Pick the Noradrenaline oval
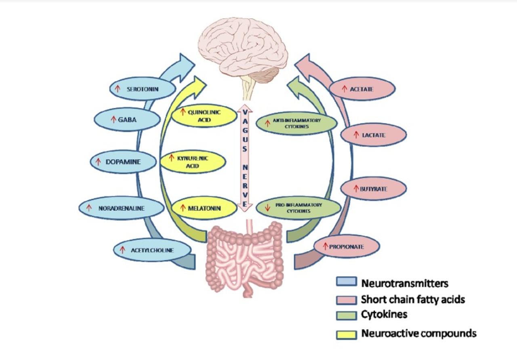(121, 208)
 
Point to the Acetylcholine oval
(152, 250)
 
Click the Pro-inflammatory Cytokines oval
(298, 208)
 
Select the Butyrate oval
(373, 189)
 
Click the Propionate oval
(347, 246)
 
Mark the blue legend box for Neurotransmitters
(347, 282)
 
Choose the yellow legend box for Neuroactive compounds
(347, 335)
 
